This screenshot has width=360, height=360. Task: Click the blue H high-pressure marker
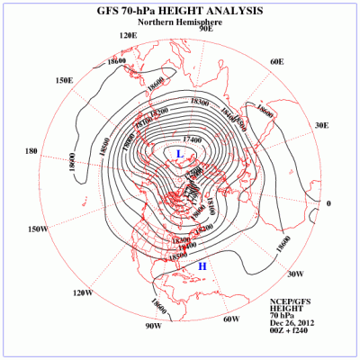click(202, 266)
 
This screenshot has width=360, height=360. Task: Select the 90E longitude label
click(205, 29)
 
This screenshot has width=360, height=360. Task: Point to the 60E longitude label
click(276, 61)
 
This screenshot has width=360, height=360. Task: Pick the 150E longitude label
click(64, 80)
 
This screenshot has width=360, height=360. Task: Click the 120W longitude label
click(83, 292)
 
